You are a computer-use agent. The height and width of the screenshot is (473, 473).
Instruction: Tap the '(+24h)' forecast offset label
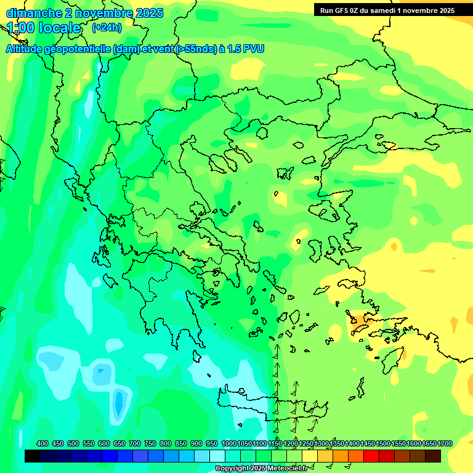pyautogui.click(x=107, y=27)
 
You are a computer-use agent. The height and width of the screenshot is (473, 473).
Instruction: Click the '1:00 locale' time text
pyautogui.click(x=44, y=28)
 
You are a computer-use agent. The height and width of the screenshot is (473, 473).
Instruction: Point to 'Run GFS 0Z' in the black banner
pyautogui.click(x=344, y=10)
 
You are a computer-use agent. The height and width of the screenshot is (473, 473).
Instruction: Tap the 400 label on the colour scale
pyautogui.click(x=42, y=443)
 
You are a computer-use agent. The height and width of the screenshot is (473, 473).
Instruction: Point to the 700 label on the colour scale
pyautogui.click(x=135, y=443)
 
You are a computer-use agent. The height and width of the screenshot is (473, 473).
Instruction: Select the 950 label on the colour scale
pyautogui.click(x=212, y=443)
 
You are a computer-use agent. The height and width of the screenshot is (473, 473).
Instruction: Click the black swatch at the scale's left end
pyautogui.click(x=33, y=456)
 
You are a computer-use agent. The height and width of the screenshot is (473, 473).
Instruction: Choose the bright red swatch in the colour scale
pyautogui.click(x=371, y=456)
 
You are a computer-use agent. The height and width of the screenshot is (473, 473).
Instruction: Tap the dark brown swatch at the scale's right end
pyautogui.click(x=433, y=456)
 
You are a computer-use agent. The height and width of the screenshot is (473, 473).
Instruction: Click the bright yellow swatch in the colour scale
pyautogui.click(x=310, y=456)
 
